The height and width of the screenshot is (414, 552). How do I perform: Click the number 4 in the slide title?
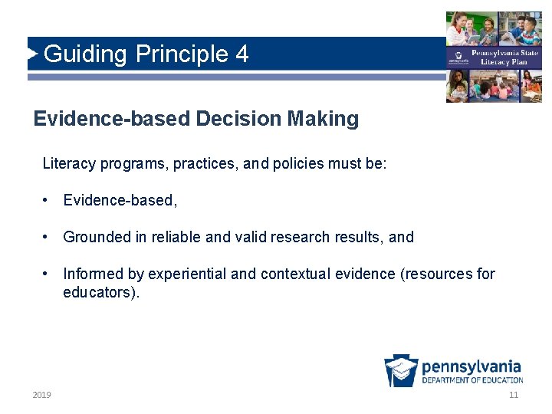[242, 54]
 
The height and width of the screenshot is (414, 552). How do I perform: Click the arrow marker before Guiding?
[33, 54]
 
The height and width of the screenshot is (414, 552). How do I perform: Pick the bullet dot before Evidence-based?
[47, 200]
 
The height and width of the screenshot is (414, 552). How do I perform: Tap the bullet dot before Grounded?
[47, 237]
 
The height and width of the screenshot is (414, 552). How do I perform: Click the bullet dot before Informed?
[47, 274]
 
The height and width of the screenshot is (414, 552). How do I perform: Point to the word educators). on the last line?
[101, 292]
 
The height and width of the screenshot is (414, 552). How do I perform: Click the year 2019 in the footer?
[41, 395]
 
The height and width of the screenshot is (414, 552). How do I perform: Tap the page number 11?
[513, 395]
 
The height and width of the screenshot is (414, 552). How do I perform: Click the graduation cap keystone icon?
[401, 370]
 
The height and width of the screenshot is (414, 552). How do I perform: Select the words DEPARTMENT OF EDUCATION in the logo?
[472, 379]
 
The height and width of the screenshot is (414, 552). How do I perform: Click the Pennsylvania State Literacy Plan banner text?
[504, 58]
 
